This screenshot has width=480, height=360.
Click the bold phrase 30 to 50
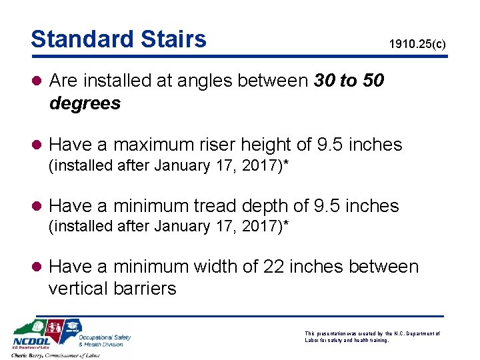(348, 81)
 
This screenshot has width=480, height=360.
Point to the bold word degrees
(85, 103)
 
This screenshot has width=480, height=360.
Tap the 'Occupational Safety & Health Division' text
(103, 340)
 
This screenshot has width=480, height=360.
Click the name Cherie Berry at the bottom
(31, 355)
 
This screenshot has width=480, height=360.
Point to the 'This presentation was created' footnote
(371, 336)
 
